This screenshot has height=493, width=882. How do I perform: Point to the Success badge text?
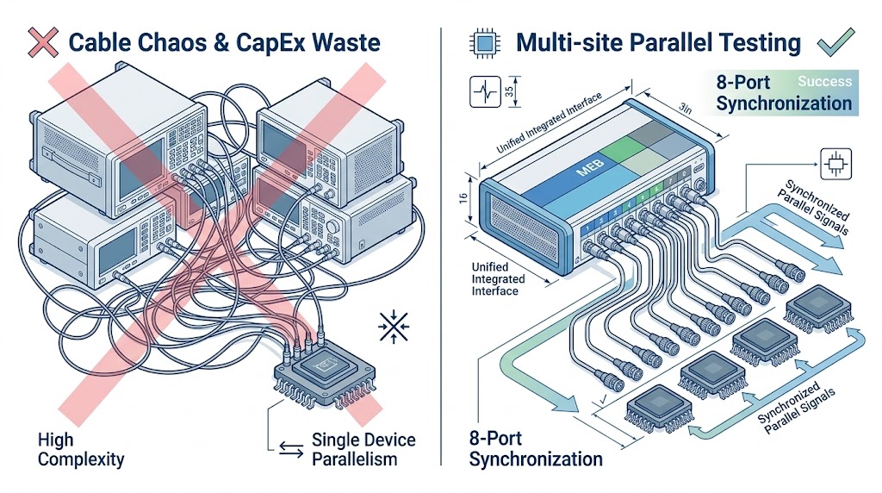click(x=824, y=82)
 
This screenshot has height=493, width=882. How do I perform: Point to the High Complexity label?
click(x=80, y=449)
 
